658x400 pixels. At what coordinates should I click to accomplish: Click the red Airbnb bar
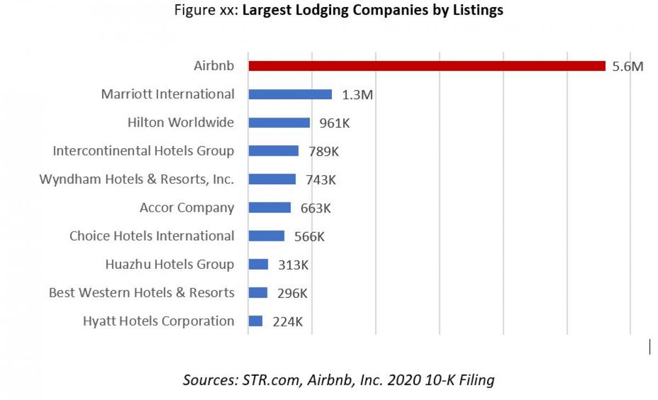tap(427, 66)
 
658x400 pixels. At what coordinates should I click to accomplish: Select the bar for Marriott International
tap(290, 94)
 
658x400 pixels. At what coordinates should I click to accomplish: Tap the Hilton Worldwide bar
tap(279, 122)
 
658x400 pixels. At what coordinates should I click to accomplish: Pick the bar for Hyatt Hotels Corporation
tap(256, 321)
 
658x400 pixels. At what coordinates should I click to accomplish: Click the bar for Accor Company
tap(270, 207)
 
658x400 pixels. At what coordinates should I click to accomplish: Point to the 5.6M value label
tap(625, 67)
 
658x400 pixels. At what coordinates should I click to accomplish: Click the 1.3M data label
tap(358, 95)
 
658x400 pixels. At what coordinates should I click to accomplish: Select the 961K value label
tap(334, 123)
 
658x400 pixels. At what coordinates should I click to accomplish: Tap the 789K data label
tap(324, 151)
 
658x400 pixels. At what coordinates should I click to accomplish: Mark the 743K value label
tap(320, 180)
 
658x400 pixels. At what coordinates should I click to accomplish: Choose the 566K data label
tap(309, 236)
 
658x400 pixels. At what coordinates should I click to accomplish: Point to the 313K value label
tap(293, 265)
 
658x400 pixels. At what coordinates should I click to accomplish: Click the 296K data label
tap(292, 294)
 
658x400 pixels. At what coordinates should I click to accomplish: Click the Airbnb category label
tap(214, 66)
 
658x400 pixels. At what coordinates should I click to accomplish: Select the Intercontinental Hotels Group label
tap(144, 150)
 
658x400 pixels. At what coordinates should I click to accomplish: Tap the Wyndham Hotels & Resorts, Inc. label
tap(137, 179)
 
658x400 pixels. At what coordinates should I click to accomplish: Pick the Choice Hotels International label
tap(152, 236)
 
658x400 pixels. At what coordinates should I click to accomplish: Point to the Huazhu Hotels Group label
tap(169, 264)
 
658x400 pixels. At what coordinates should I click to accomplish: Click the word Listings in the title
tap(475, 10)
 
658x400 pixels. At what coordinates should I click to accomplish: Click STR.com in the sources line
tap(262, 380)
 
